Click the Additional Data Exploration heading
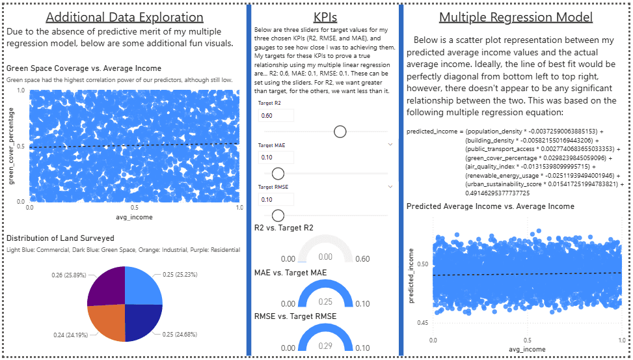(124, 17)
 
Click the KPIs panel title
(325, 17)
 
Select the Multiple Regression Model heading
(516, 17)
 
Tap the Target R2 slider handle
(340, 132)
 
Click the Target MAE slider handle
(278, 173)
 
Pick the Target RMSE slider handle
(278, 215)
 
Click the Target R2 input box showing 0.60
(276, 115)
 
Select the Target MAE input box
(276, 157)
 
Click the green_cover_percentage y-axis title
(12, 146)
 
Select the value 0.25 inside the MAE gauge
(325, 301)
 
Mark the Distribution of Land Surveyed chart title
(60, 238)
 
